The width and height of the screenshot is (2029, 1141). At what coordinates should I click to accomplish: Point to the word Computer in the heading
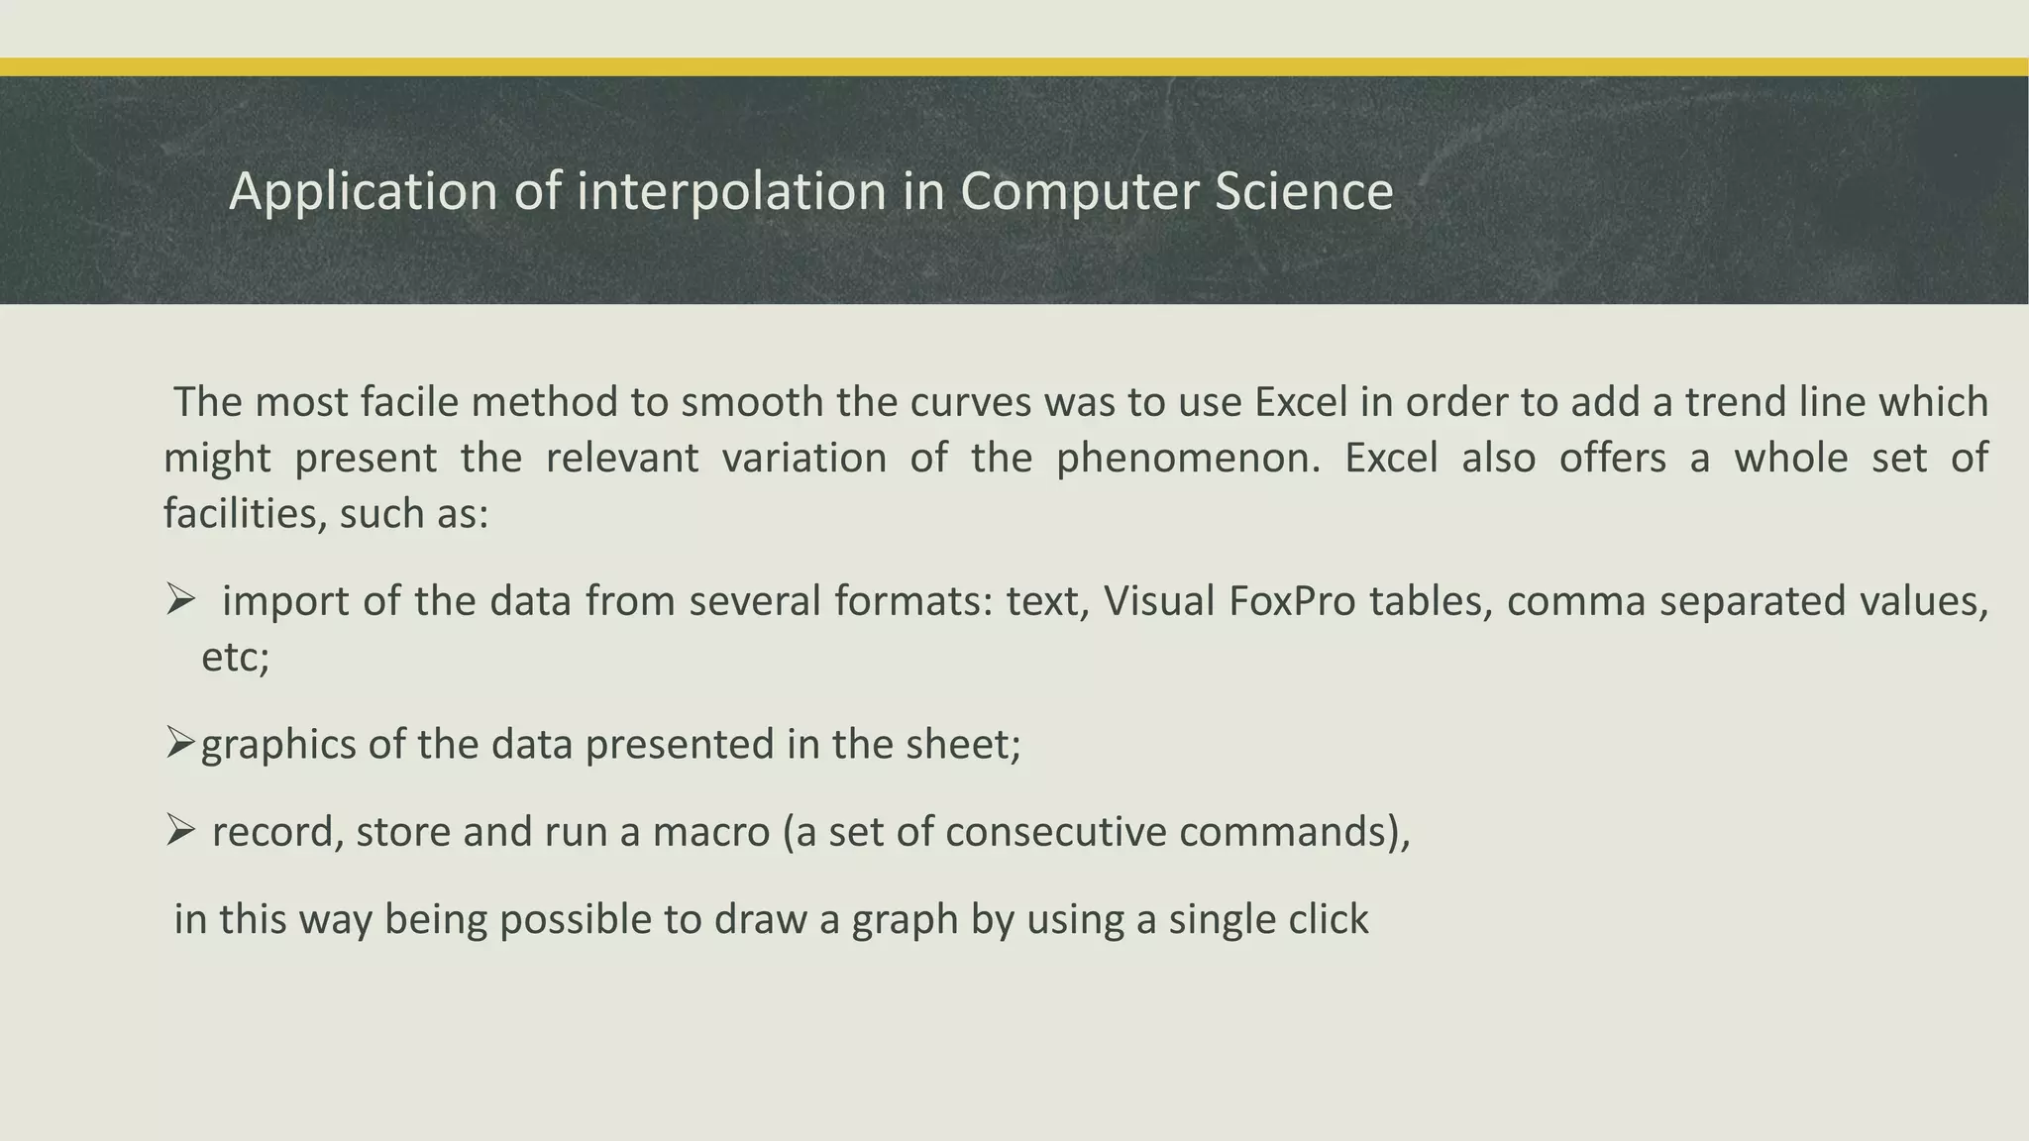click(x=1080, y=191)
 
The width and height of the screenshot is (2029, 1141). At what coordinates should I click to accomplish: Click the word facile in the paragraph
click(x=409, y=402)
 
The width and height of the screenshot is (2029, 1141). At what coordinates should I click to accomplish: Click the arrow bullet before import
click(x=180, y=600)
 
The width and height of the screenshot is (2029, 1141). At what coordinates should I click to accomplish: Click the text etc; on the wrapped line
click(x=236, y=657)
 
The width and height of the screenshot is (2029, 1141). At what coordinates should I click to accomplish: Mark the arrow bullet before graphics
click(x=180, y=743)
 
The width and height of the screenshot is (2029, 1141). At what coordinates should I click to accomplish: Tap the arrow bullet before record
click(x=180, y=830)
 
